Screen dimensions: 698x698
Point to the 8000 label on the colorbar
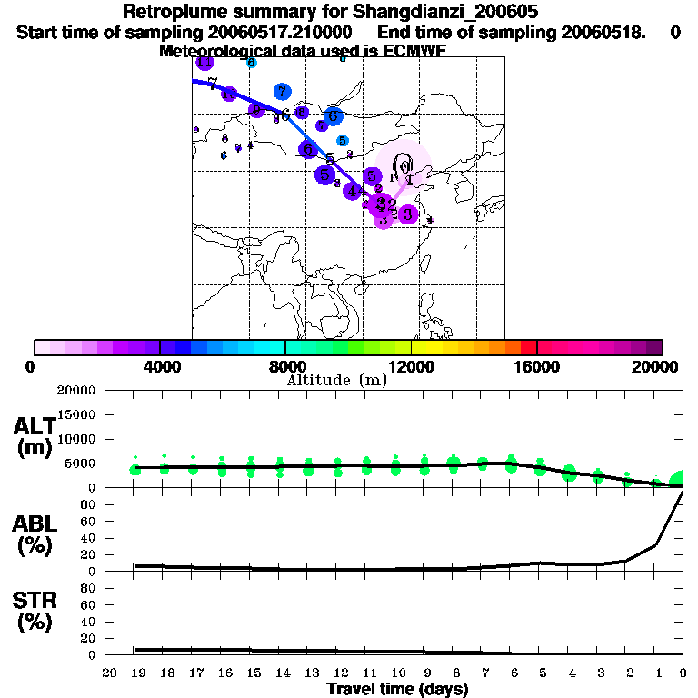284,366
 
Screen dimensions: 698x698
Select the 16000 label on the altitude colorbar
536,366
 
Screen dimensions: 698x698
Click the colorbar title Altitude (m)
336,380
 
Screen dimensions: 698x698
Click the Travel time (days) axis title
397,690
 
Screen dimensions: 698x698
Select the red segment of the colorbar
528,347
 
